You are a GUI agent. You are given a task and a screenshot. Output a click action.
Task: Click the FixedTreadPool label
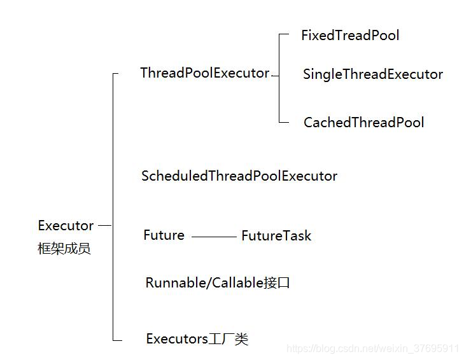(x=350, y=35)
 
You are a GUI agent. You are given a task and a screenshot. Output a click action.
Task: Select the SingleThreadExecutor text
(x=372, y=74)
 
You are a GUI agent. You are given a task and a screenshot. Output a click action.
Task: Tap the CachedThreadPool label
(x=363, y=122)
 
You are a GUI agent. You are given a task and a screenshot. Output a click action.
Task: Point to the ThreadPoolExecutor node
(x=204, y=73)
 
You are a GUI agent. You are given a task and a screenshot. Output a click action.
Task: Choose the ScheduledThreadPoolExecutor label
(x=239, y=176)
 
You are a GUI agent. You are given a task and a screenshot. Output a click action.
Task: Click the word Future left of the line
(x=164, y=235)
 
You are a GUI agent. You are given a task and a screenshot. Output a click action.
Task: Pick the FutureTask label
(x=276, y=236)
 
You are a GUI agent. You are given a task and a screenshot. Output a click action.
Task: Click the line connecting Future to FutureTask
(x=213, y=237)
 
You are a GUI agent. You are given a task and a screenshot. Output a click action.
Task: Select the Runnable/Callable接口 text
(x=218, y=283)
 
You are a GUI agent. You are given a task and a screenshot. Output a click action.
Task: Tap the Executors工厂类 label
(x=197, y=339)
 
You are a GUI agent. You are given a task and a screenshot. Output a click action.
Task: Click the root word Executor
(x=66, y=226)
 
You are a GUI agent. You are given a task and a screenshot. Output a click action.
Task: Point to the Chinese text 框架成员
(x=64, y=249)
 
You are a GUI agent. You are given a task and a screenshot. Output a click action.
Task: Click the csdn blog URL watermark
(x=372, y=349)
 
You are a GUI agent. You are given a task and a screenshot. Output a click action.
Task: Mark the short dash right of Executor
(x=105, y=225)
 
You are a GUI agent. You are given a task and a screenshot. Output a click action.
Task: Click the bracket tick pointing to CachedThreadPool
(x=284, y=122)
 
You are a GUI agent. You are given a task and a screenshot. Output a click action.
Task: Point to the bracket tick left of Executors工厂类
(x=117, y=340)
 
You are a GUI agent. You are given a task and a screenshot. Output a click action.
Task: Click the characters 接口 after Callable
(x=277, y=283)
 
